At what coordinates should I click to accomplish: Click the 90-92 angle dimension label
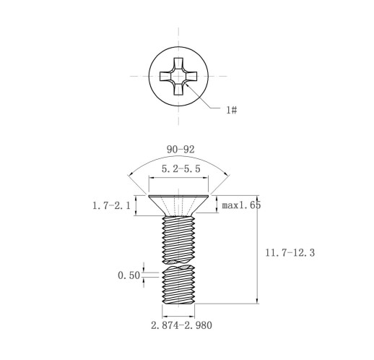tap(181, 150)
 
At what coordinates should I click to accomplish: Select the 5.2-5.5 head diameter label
tap(181, 168)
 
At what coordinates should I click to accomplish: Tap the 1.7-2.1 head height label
tap(111, 205)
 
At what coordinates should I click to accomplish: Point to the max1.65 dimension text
tap(241, 205)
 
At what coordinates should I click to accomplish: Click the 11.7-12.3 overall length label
tap(290, 253)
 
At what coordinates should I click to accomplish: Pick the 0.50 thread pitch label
tap(129, 275)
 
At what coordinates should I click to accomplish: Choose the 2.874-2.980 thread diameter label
tap(181, 325)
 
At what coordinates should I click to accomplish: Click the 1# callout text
tap(232, 110)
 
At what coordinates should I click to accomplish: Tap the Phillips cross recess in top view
tap(178, 76)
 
